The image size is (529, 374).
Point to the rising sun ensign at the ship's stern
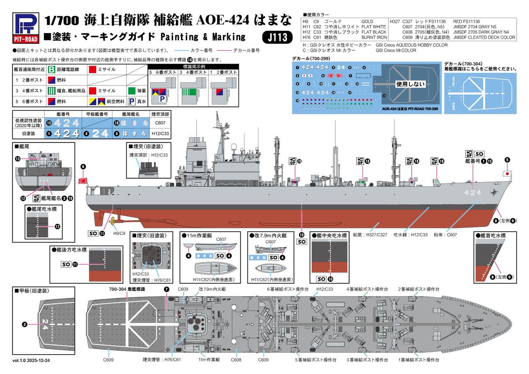pyautogui.click(x=82, y=180)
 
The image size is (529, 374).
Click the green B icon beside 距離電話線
pyautogui.click(x=52, y=69)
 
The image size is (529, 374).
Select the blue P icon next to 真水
pyautogui.click(x=131, y=101)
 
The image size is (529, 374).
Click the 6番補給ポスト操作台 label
pyautogui.click(x=287, y=289)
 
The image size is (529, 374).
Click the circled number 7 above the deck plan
pyautogui.click(x=166, y=289)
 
